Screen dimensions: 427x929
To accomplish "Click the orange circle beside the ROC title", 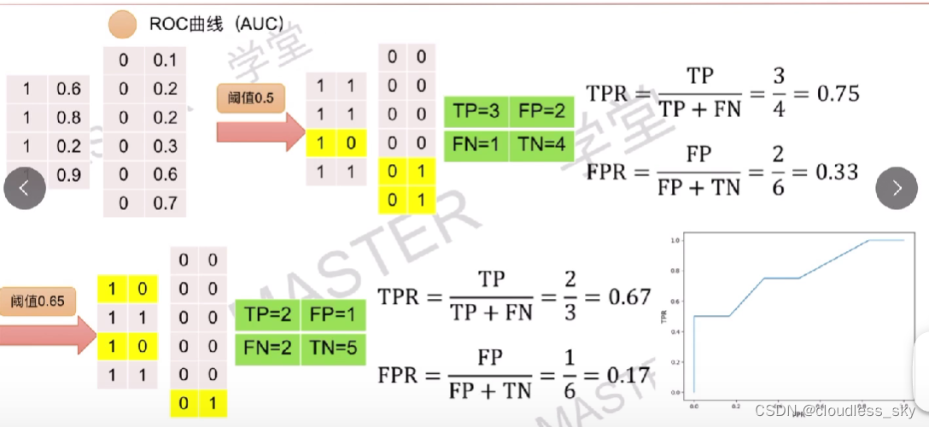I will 123,25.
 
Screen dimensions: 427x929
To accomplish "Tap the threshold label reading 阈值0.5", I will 250,98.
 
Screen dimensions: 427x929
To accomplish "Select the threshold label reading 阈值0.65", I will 38,301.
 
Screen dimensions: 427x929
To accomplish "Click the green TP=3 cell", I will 476,113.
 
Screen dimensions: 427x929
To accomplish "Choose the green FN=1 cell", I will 476,145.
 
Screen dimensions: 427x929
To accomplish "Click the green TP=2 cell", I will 266,314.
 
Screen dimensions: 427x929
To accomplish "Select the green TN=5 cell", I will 332,347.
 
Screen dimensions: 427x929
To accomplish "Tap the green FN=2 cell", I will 266,347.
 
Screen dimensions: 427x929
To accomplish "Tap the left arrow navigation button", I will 24,188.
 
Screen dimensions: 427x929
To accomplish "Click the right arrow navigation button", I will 897,188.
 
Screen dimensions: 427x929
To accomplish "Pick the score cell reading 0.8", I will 69,118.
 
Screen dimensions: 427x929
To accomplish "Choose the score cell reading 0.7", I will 166,203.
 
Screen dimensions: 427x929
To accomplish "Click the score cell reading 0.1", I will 166,60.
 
